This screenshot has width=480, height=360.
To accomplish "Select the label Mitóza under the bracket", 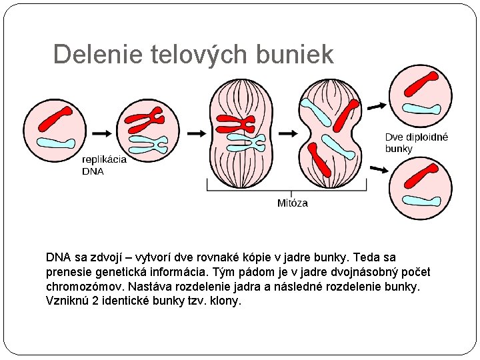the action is pos(293,203).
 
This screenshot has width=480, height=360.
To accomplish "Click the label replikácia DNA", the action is pos(103,165).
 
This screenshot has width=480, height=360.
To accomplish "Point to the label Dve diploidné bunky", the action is pos(416,143).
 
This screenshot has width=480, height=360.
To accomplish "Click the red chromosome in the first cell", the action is pos(55,119).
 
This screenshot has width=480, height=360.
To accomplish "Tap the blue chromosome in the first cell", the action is pos(56,143).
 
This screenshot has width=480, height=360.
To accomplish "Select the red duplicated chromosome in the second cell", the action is pos(146,121).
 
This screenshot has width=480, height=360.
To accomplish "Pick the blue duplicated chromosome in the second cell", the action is pos(148,143).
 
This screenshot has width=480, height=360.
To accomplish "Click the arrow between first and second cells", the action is pos(102,133).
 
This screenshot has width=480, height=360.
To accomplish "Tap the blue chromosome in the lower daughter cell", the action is pos(421,201).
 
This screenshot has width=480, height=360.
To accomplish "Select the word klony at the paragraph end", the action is pos(225,301).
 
